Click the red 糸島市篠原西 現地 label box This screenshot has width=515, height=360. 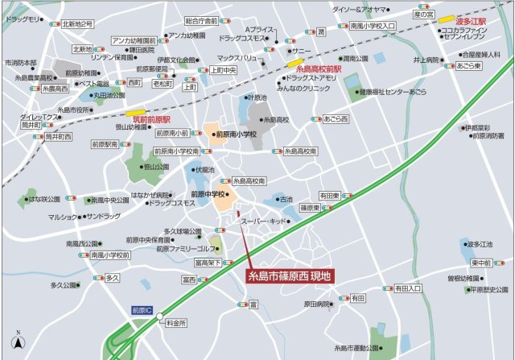286,275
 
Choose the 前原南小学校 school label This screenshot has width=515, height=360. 235,134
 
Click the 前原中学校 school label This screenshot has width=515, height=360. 208,194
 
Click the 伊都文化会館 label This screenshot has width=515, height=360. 178,60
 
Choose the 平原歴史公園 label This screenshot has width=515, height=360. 490,290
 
